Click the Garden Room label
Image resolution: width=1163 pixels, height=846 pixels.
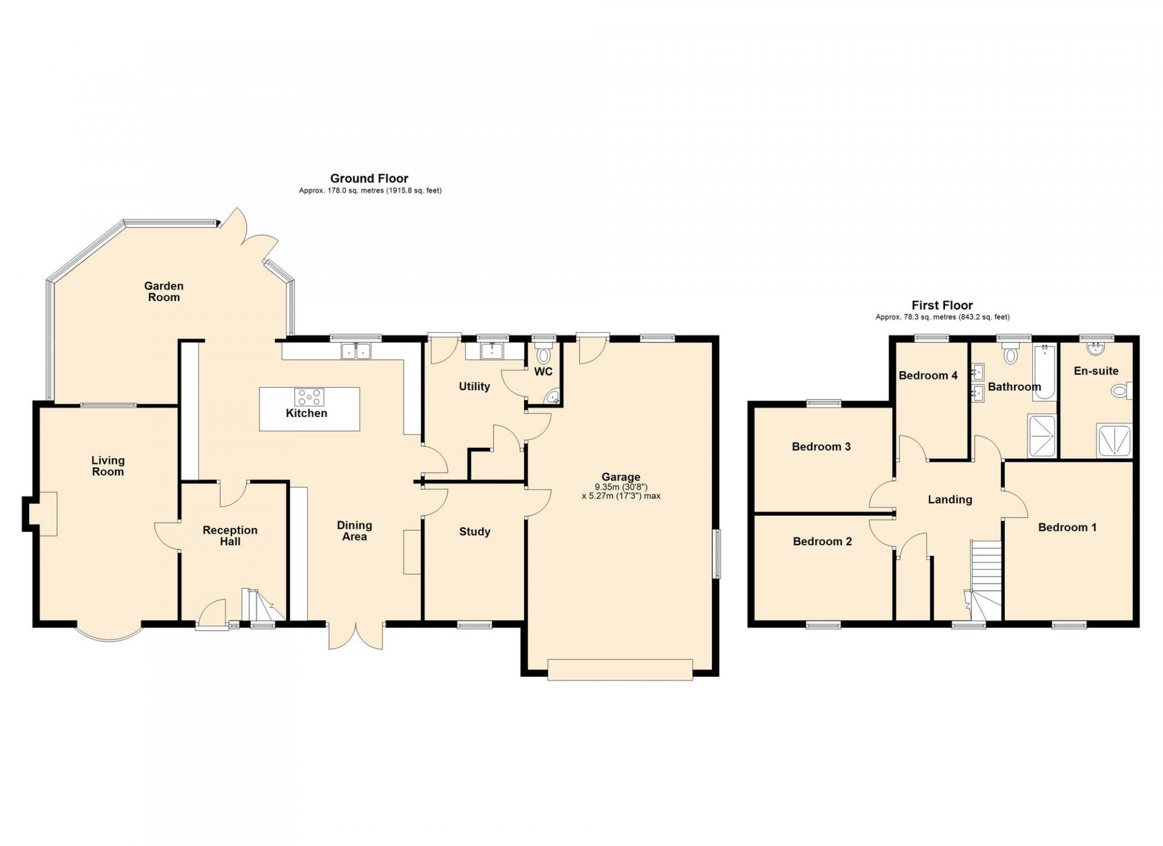[164, 291]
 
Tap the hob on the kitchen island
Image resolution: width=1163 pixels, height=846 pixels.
[309, 398]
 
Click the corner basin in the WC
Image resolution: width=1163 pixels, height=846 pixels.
[552, 398]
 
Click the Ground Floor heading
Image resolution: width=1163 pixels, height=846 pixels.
[369, 178]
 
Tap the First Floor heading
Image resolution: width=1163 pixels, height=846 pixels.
[942, 305]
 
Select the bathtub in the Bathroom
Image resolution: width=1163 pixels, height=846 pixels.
[1045, 371]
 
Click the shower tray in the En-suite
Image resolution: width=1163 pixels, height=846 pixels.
[1113, 440]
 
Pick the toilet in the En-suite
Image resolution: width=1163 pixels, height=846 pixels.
[1122, 391]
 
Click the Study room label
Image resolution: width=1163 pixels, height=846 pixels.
[475, 532]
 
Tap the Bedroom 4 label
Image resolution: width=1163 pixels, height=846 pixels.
[928, 376]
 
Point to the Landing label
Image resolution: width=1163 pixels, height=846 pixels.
[950, 500]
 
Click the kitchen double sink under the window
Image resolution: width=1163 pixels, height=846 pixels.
[356, 351]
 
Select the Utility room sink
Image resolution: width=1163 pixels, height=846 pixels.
[492, 350]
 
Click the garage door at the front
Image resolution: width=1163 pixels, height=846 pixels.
[620, 670]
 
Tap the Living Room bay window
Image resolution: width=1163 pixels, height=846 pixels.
[109, 633]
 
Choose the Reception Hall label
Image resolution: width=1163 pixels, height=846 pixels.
[230, 536]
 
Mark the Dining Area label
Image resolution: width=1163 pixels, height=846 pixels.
[354, 531]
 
